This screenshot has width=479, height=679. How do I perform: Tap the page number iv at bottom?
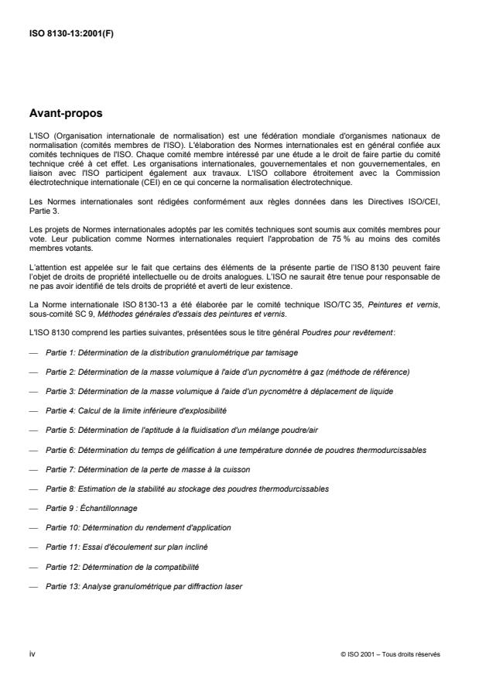coord(32,653)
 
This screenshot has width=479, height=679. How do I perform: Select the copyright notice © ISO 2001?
coord(390,654)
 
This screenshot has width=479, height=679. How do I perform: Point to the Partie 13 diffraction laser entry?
coord(144,586)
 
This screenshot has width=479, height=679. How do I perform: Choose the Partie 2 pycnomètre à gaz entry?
coord(228,371)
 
